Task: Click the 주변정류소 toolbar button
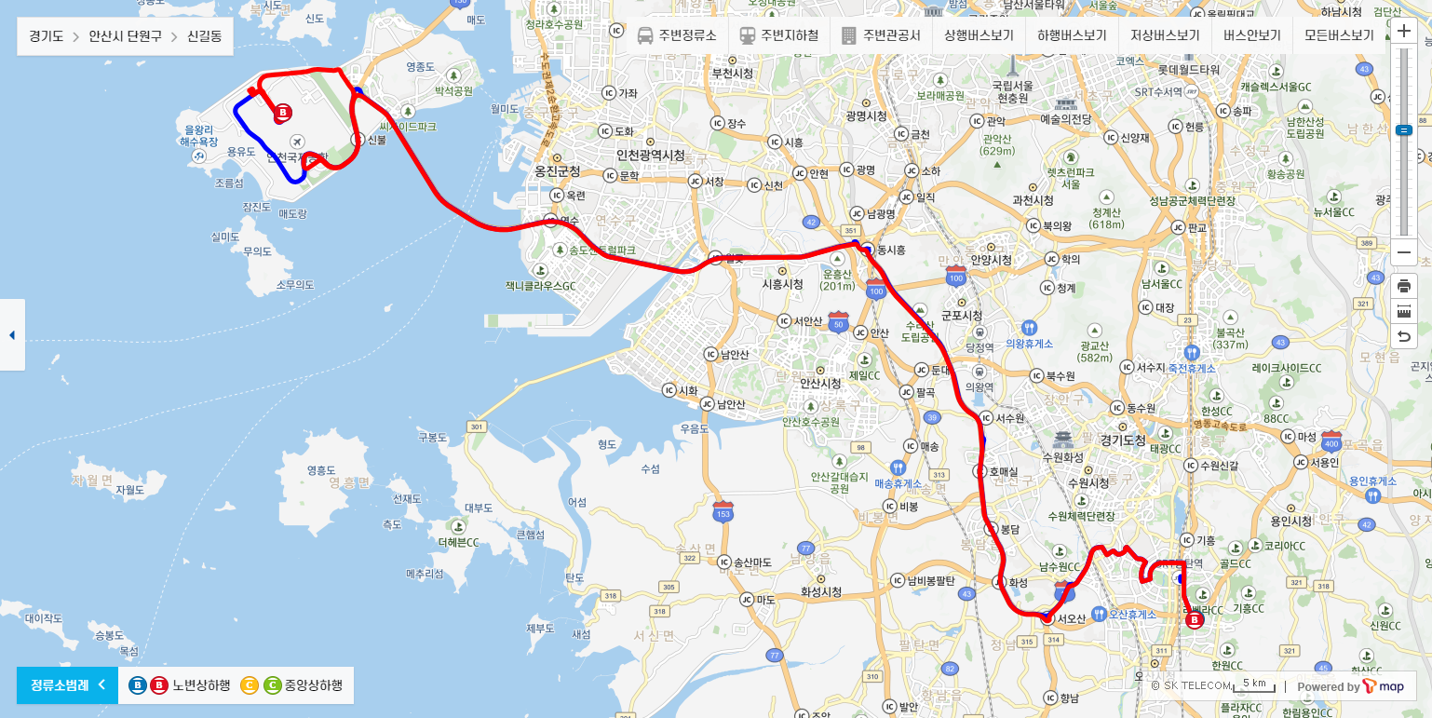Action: (677, 36)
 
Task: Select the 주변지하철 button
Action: (779, 36)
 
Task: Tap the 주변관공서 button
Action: (881, 36)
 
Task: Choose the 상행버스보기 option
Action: (978, 36)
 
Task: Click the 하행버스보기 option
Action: (1072, 36)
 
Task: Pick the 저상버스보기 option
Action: (1165, 36)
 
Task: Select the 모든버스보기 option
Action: (1339, 36)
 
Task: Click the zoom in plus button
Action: (1404, 32)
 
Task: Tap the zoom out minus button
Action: (1404, 253)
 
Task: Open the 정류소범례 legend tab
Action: (67, 685)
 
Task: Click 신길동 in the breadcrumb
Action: (204, 37)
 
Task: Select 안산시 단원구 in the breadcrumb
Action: (125, 37)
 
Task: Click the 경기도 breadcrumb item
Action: (46, 37)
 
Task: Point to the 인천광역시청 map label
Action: (651, 155)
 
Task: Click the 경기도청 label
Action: (1124, 439)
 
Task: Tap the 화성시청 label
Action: (821, 591)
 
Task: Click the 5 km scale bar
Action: (1253, 685)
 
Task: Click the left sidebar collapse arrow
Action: (12, 335)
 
